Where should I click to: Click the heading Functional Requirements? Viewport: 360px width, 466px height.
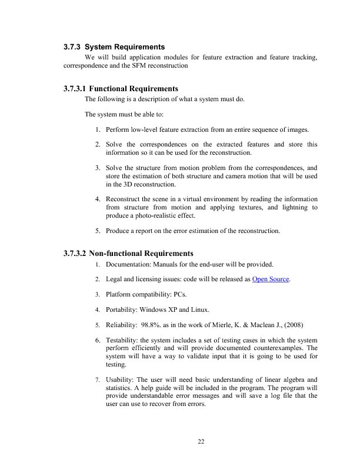(133, 89)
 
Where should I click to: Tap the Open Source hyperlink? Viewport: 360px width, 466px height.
(271, 279)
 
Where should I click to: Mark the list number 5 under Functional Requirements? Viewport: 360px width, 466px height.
(97, 231)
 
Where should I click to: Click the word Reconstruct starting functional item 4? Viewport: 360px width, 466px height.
(124, 199)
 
